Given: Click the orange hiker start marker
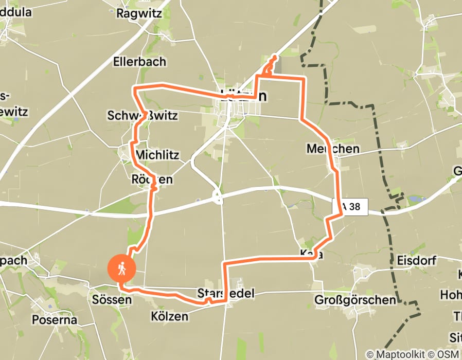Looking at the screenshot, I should (x=122, y=268).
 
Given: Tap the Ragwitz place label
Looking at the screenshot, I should (x=139, y=13).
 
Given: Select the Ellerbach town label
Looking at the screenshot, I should (x=139, y=61).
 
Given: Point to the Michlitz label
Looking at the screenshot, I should (x=157, y=155).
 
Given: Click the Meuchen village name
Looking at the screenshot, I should (x=332, y=149).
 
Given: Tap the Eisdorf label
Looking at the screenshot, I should (x=416, y=260).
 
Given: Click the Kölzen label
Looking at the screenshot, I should (x=170, y=315).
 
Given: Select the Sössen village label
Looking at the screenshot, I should (x=109, y=299).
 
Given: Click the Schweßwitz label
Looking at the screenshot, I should (x=143, y=115).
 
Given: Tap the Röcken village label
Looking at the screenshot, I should (x=152, y=179).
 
